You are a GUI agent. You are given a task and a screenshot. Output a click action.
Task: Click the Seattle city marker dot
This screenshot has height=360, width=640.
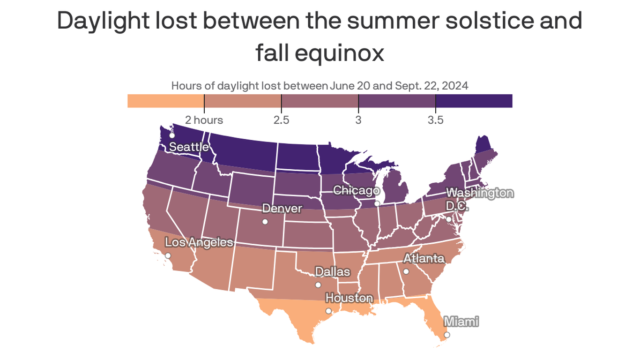click(x=172, y=135)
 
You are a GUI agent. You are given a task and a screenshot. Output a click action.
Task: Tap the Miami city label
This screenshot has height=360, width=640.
click(x=461, y=322)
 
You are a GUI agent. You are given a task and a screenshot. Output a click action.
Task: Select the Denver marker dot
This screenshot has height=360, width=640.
click(x=265, y=222)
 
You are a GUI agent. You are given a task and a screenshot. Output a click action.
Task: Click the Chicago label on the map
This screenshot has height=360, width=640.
click(x=356, y=191)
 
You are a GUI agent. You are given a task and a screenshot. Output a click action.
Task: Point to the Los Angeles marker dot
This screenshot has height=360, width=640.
click(x=168, y=256)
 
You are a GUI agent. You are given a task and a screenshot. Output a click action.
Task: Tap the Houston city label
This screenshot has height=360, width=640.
click(x=349, y=298)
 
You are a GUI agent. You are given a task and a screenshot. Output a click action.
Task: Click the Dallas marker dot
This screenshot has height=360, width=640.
click(x=318, y=285)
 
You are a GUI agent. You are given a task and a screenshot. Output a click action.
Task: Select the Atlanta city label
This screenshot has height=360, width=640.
click(x=424, y=258)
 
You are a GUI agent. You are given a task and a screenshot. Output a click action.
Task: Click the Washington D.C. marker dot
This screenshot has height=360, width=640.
click(x=448, y=219)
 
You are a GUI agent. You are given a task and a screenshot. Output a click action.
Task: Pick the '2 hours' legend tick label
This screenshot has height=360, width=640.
click(x=204, y=120)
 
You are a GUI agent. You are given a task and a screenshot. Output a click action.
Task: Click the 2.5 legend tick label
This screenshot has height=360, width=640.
click(x=281, y=120)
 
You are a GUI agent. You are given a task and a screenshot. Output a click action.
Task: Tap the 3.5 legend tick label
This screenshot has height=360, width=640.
click(x=435, y=120)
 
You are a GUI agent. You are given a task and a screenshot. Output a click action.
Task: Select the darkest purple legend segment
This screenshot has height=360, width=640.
click(x=474, y=101)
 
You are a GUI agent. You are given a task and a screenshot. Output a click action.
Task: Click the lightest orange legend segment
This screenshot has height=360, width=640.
click(x=165, y=101)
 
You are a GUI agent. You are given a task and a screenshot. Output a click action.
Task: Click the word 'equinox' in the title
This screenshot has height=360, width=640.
click(x=343, y=53)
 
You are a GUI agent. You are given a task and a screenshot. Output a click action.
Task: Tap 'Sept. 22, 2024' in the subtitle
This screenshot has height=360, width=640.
click(x=432, y=86)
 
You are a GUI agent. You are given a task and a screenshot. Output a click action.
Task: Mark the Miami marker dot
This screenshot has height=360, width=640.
click(x=447, y=335)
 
